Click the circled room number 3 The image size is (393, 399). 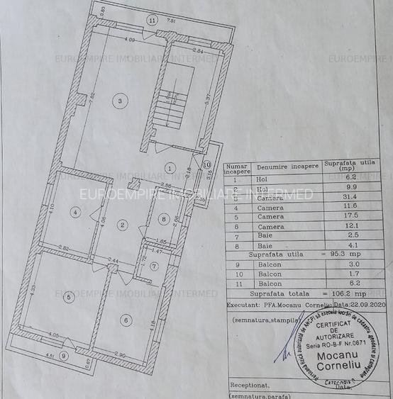pyautogui.click(x=121, y=102)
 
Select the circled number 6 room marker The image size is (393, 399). pyautogui.click(x=126, y=320)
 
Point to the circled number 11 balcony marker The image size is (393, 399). pyautogui.click(x=153, y=21)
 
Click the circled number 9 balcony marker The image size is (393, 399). pyautogui.click(x=64, y=355)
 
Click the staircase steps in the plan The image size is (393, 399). pyautogui.click(x=170, y=110)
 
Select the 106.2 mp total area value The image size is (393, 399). pyautogui.click(x=346, y=293)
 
